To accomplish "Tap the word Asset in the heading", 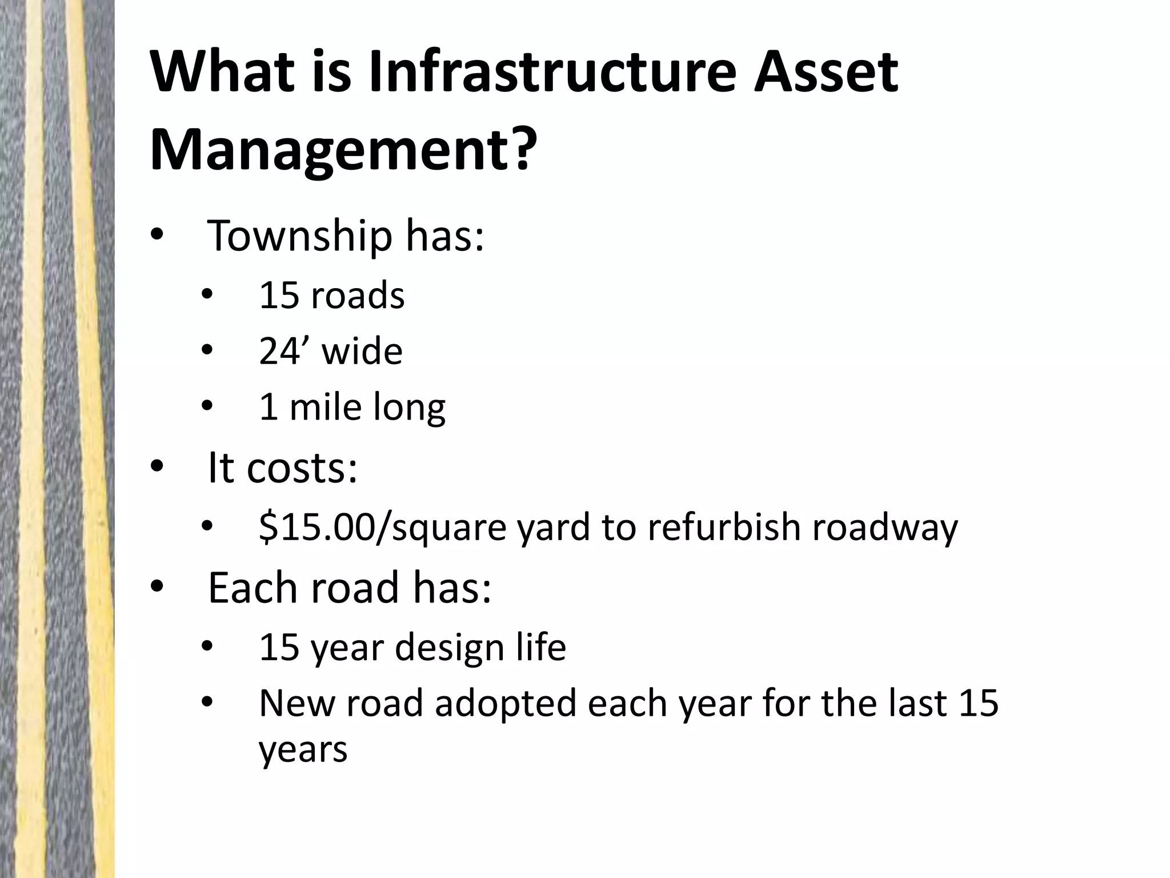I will [x=826, y=73].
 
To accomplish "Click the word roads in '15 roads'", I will [x=358, y=296].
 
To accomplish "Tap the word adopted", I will [x=506, y=703].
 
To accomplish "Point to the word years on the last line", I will [x=303, y=750].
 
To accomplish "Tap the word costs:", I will [x=302, y=468].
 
